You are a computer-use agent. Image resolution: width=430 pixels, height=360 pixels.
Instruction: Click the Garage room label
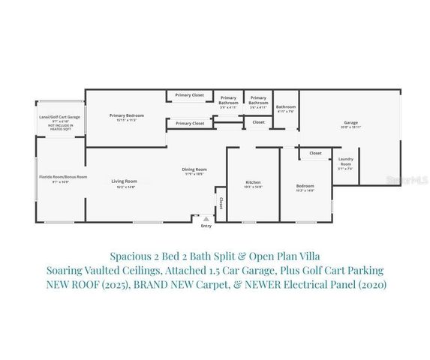click(350, 122)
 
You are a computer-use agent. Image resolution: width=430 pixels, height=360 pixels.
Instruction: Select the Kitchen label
click(253, 183)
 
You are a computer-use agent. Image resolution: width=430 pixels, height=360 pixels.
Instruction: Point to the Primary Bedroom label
click(126, 115)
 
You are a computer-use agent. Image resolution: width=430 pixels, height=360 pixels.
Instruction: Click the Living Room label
click(125, 181)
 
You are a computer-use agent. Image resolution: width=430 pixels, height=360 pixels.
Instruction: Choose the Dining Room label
click(194, 169)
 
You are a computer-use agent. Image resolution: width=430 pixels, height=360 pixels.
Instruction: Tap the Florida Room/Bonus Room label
click(64, 177)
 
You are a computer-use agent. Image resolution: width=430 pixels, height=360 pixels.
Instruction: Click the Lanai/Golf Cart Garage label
click(59, 117)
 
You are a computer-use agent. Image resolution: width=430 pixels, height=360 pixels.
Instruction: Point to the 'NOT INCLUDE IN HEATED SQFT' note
click(60, 127)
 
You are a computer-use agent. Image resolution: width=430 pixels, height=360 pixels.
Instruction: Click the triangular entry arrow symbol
click(206, 219)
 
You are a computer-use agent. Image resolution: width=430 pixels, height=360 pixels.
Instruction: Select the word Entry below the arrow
click(206, 226)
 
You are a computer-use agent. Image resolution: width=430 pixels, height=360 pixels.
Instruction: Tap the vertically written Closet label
click(221, 203)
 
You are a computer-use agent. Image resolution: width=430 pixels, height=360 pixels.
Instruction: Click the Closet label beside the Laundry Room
click(315, 153)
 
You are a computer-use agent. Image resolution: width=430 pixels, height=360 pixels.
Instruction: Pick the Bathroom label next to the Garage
click(286, 106)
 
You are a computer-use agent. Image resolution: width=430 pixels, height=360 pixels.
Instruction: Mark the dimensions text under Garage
click(350, 127)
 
